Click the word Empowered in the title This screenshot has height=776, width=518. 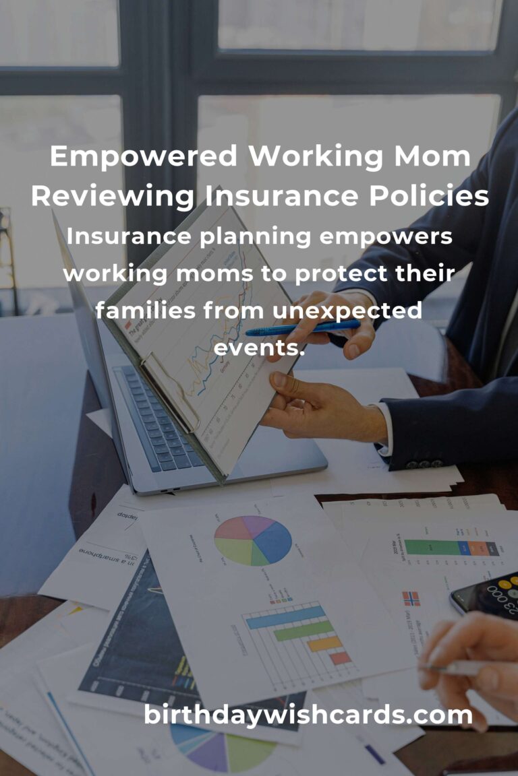143,156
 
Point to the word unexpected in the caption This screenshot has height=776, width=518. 347,311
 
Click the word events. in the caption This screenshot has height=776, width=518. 260,348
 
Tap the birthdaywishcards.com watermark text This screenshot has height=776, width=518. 308,715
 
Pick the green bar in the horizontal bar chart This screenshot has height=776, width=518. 303,630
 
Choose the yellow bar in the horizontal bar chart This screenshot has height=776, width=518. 324,643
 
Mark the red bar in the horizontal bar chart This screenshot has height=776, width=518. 340,657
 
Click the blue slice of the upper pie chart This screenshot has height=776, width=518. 275,540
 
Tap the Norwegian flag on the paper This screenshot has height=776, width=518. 410,598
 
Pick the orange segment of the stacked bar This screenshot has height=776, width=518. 477,548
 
